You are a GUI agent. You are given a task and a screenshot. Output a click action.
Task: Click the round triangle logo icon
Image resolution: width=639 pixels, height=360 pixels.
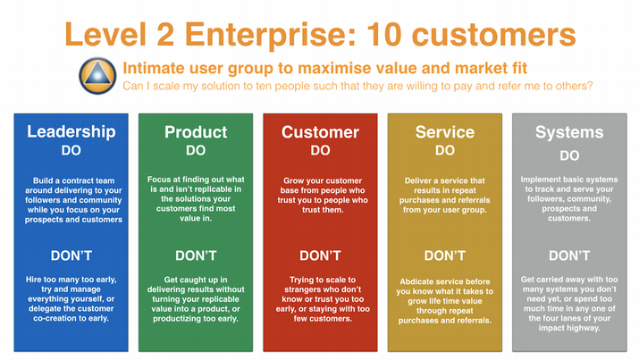pos(97,76)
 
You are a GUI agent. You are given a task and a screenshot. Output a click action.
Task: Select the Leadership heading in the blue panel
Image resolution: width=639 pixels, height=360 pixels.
pos(71,132)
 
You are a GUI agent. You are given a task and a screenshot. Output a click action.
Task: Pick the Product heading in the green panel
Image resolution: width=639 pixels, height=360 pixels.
pos(196,132)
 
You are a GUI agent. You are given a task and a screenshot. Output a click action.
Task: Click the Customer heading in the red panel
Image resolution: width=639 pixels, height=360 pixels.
pos(320,132)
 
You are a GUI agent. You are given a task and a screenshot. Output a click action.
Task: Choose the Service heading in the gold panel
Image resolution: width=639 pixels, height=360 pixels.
pos(445,132)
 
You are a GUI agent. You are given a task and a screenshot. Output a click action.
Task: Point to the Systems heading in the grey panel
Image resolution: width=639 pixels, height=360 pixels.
pos(569,132)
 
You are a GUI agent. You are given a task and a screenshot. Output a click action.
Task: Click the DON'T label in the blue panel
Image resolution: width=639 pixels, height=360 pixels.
pos(71,255)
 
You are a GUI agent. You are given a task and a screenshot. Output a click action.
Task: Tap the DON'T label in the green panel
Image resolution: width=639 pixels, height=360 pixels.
pos(196,255)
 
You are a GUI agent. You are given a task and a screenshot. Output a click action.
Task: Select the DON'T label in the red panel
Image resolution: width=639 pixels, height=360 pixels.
pos(320,255)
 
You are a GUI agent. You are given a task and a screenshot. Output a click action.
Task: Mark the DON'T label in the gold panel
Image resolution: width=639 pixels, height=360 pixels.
pos(444,255)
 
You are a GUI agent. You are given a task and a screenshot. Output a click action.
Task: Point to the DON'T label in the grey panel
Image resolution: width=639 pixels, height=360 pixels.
pos(569,255)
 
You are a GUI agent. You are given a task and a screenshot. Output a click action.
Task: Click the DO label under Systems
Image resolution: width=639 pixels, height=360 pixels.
pos(569,155)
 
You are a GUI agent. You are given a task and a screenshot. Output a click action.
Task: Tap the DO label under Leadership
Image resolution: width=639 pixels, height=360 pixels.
pos(71,151)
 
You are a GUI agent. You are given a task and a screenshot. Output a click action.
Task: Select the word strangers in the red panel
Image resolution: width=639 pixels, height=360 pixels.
pos(303,289)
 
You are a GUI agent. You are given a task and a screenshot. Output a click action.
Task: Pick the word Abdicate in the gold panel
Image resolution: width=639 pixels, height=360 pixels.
pos(417,281)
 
